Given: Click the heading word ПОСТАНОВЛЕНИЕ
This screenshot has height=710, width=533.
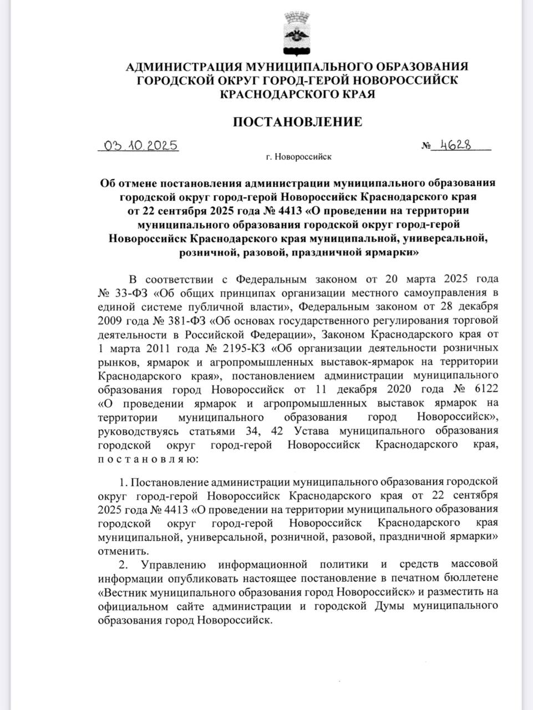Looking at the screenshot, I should click(297, 121).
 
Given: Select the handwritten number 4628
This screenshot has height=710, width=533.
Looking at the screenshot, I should click(455, 145).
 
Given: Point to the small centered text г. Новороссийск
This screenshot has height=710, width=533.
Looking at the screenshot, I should click(298, 158).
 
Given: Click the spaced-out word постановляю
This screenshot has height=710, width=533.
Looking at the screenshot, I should click(145, 459).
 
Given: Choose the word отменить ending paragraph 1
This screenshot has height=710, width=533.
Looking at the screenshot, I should click(115, 551).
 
